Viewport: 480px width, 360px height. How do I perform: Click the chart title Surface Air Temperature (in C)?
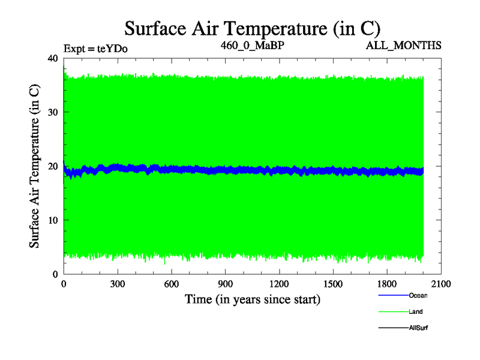tap(252, 28)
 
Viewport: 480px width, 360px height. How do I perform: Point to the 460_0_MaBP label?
tap(252, 45)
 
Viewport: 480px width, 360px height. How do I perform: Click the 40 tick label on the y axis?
tap(52, 58)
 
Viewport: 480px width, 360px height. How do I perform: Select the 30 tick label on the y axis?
tap(52, 112)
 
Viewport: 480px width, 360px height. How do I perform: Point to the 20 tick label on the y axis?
tap(52, 166)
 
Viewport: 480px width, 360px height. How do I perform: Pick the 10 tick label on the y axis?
tap(52, 220)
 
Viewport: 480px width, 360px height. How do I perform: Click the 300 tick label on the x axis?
tap(118, 285)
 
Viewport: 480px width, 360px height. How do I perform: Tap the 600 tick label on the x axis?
tap(172, 285)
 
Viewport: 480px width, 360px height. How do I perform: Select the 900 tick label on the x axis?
tap(226, 285)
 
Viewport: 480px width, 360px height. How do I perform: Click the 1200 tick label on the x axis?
tap(279, 285)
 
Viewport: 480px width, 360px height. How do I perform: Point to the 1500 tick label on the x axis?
tap(333, 285)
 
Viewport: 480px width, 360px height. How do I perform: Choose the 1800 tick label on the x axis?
tap(387, 285)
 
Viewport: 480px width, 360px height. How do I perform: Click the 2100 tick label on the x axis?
tap(441, 285)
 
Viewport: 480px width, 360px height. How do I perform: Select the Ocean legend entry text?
tap(418, 295)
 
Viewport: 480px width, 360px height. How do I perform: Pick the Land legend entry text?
tap(416, 311)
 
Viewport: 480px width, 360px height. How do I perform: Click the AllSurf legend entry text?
tap(419, 328)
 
